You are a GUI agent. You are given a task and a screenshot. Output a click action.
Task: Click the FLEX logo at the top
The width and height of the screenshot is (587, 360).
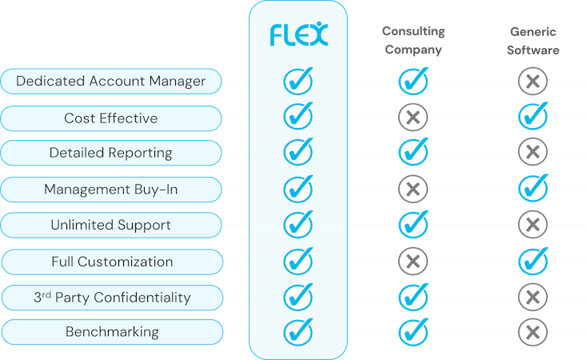point(297,34)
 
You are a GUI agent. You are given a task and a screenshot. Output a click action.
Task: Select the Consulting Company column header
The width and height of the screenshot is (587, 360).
point(413,40)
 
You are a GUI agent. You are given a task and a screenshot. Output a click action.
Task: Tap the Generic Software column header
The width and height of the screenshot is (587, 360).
point(533,40)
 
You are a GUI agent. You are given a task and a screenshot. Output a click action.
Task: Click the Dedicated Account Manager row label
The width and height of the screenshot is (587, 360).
point(110,82)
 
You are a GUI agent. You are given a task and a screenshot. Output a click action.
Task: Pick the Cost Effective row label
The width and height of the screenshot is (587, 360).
point(110,118)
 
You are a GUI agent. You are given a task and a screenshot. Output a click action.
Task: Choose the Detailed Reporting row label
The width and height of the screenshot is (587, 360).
point(110,153)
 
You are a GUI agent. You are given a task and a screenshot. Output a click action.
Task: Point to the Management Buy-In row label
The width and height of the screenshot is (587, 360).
point(110,190)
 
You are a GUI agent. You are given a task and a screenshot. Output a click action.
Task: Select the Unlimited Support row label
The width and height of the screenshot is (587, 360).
point(110,225)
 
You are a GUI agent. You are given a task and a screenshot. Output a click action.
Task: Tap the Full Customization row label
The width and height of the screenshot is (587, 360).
point(110,262)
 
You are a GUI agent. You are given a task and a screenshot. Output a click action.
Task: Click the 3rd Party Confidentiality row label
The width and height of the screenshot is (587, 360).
point(110,298)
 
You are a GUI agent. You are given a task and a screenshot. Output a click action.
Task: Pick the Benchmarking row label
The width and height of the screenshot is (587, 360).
point(110,332)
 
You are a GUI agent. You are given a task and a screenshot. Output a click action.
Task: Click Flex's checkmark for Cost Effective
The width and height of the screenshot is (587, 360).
point(298,117)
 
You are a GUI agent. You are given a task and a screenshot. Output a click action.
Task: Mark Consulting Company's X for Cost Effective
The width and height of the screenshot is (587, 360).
point(413,118)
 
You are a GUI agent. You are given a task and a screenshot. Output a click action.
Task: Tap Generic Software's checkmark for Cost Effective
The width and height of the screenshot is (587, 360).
point(533,117)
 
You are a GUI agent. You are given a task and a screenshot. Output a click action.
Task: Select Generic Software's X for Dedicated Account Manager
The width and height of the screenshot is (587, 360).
point(533,82)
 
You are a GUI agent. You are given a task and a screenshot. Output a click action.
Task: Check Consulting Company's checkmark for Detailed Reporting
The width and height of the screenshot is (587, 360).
point(413,151)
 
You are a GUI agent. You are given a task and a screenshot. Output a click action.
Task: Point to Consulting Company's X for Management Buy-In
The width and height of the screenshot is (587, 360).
point(413,190)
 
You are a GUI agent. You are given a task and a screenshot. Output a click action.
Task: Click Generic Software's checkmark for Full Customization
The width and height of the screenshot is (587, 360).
point(533,260)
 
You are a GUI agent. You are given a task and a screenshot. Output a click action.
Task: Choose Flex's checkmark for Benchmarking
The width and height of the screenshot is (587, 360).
point(298,330)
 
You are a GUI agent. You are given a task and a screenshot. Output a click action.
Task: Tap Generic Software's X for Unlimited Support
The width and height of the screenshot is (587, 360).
point(533,225)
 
